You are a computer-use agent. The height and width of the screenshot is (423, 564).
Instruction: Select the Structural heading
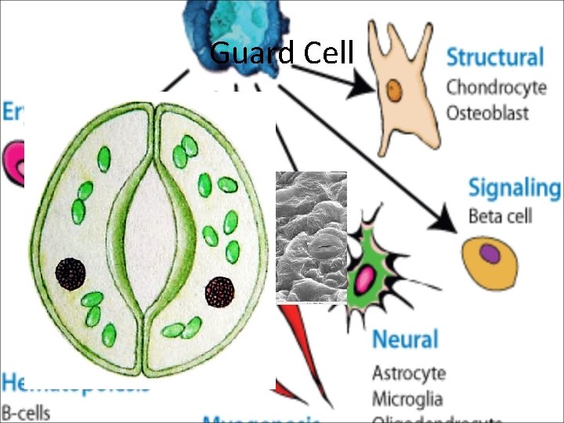494,58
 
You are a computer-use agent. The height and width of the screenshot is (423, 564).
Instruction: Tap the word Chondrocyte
496,87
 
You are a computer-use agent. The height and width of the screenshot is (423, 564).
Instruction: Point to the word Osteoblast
487,112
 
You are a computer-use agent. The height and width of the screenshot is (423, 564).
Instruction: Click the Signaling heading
515,189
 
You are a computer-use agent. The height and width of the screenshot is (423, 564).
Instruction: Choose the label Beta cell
500,215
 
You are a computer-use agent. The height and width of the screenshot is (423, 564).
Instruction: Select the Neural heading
405,339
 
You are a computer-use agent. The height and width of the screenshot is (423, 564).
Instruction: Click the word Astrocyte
409,372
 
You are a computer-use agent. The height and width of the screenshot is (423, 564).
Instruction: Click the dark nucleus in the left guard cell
70,273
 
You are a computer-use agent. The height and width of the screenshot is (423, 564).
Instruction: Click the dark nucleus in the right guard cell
219,291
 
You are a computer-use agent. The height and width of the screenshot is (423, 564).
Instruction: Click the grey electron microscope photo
311,237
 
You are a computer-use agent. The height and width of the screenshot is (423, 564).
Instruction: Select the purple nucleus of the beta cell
490,254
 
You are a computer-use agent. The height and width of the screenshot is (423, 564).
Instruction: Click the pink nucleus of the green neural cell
366,277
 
